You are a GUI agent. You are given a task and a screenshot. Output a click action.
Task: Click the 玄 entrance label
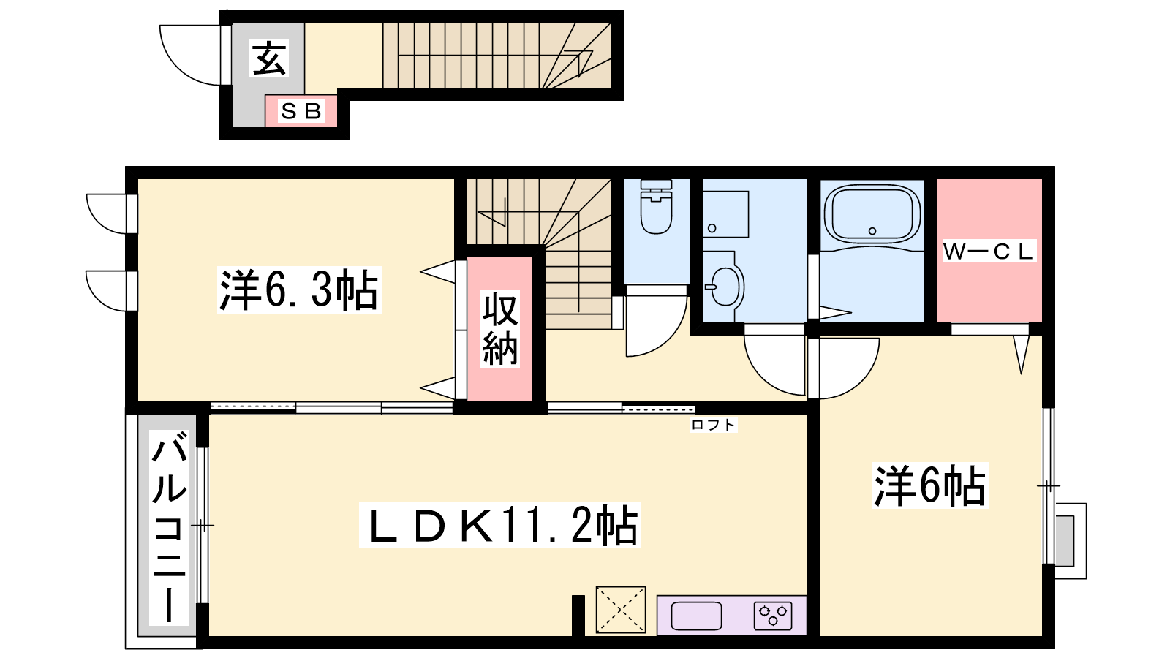click(269, 58)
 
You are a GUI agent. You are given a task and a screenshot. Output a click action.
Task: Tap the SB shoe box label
click(301, 111)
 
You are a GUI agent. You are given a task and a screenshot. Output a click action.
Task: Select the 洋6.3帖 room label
click(299, 290)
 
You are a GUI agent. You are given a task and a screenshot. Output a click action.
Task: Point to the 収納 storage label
click(500, 329)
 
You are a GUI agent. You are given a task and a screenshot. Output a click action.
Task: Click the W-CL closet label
click(988, 252)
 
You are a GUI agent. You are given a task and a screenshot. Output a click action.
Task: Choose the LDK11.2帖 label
click(500, 525)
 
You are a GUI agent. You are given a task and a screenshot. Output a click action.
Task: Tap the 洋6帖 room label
click(929, 485)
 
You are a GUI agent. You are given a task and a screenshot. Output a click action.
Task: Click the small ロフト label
click(714, 425)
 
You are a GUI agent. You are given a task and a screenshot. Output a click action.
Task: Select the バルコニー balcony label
click(169, 527)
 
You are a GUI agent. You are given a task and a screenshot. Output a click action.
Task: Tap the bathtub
click(872, 214)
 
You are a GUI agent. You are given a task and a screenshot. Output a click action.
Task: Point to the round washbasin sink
click(725, 286)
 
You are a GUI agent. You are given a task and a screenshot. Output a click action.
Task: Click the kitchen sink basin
click(696, 616)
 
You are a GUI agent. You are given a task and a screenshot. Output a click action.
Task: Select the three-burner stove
click(773, 616)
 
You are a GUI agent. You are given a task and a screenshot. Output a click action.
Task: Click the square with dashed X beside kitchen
click(621, 610)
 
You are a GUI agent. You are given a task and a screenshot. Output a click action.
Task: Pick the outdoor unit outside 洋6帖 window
click(1071, 541)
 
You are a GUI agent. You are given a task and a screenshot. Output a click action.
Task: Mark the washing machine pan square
click(725, 214)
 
